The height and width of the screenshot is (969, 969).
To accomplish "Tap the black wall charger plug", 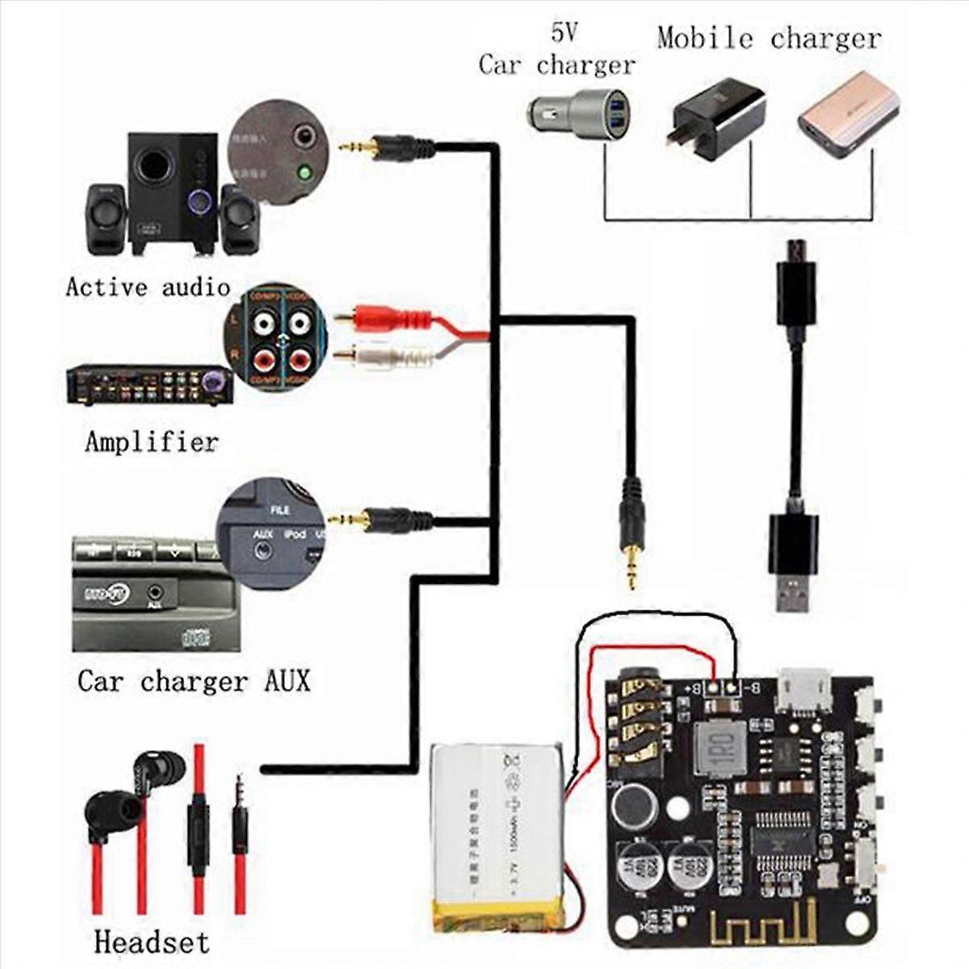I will click(715, 121).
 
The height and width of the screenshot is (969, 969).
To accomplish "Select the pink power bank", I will click(848, 113).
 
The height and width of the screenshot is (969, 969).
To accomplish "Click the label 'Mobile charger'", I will click(768, 39).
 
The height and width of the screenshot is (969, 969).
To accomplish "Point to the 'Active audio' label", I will click(148, 287).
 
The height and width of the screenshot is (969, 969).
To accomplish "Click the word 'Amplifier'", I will click(152, 442).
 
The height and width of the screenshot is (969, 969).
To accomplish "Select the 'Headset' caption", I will click(151, 942).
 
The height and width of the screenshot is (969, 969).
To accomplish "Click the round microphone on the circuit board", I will click(632, 803).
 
